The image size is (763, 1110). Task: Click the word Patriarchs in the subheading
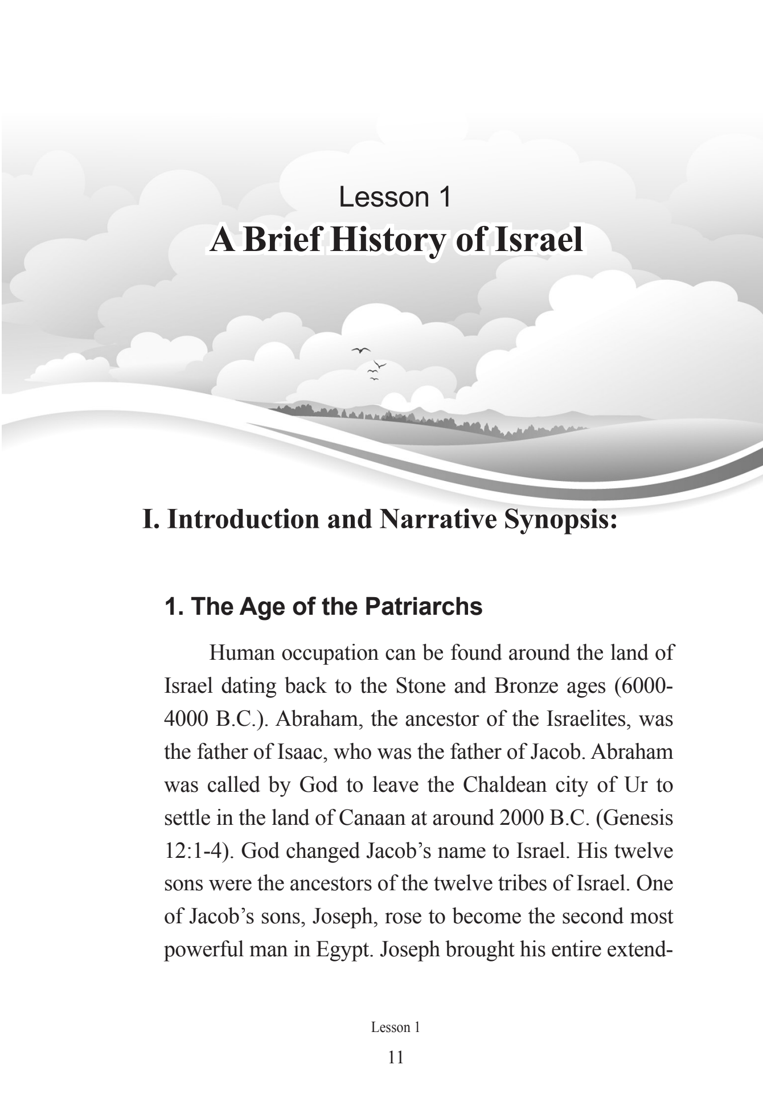pos(424,607)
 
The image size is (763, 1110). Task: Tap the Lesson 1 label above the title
pos(395,197)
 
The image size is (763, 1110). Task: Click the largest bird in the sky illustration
pos(361,350)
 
